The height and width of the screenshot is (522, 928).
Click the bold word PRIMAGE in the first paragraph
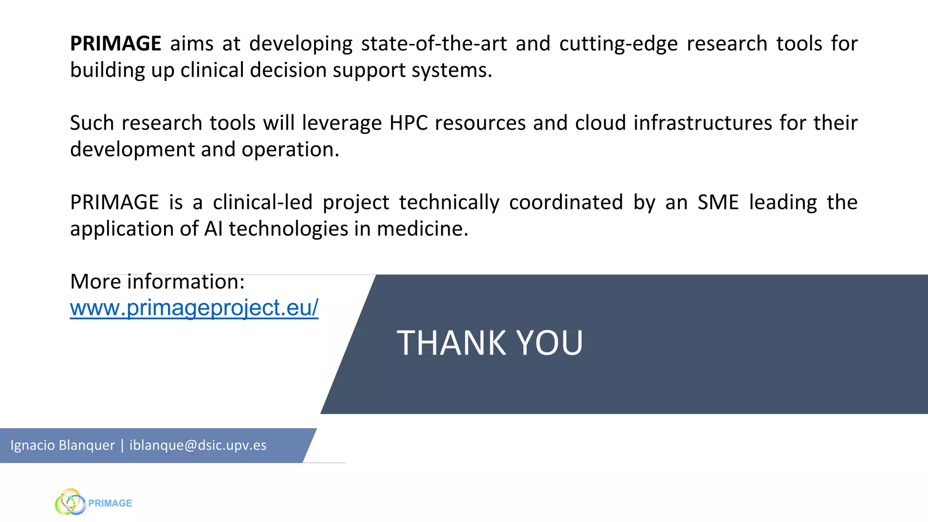pos(116,43)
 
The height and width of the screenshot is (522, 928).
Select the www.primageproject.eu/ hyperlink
pos(194,308)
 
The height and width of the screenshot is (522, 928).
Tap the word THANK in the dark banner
pos(451,343)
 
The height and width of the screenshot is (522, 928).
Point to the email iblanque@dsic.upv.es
pos(198,445)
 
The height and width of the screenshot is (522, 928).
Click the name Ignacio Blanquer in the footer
pos(63,445)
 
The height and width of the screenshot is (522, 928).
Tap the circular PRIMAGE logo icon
pos(70,502)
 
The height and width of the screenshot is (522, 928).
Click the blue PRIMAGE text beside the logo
pos(110,503)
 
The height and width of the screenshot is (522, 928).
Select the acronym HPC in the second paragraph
pos(409,123)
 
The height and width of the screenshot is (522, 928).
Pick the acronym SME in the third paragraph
pos(718,202)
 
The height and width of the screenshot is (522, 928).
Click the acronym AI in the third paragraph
pos(213,228)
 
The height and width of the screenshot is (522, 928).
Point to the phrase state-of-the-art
pos(434,43)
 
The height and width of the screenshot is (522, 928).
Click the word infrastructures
pos(702,123)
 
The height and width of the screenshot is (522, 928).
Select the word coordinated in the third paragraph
pos(566,202)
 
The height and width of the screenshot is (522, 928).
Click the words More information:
pos(157,281)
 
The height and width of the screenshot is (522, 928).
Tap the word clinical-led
pos(263,202)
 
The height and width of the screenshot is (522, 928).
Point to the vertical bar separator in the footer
pos(122,445)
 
